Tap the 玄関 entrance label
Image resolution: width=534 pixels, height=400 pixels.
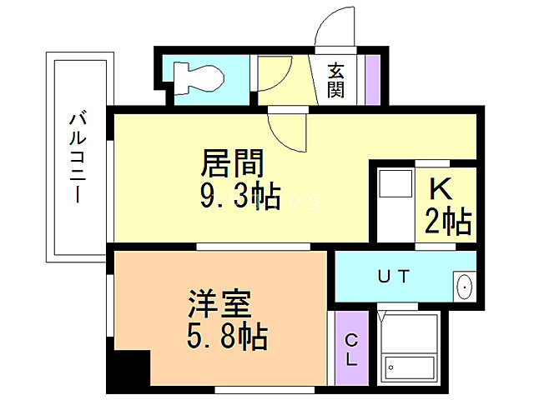pyautogui.click(x=335, y=80)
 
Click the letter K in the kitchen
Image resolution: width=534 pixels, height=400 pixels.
pyautogui.click(x=441, y=189)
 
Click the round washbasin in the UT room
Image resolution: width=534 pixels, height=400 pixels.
pyautogui.click(x=464, y=286)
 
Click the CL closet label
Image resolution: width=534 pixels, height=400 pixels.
pyautogui.click(x=351, y=350)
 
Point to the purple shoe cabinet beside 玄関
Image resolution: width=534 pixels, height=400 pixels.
pyautogui.click(x=372, y=78)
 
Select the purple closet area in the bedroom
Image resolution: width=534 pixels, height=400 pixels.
pyautogui.click(x=351, y=350)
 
